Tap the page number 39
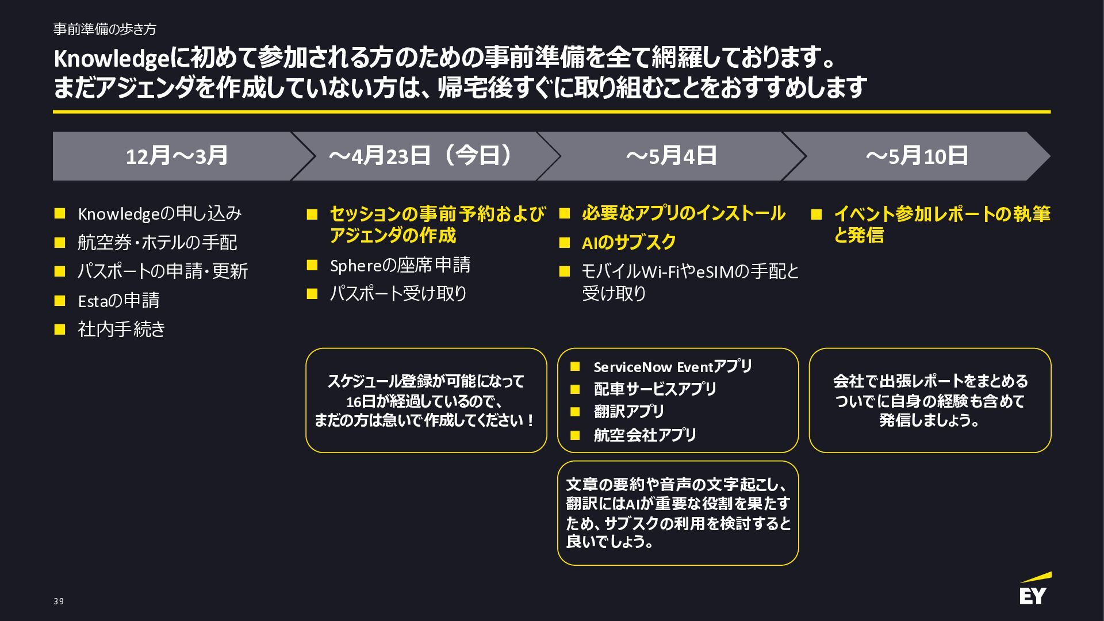coord(59,601)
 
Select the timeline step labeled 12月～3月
coord(177,156)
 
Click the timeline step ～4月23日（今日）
coord(420,156)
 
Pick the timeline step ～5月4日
coord(671,156)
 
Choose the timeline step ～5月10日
coord(917,156)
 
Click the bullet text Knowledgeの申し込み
coord(159,214)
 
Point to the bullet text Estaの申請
coord(118,300)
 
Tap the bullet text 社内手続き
coord(121,329)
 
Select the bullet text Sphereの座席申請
coord(400,265)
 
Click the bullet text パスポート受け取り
coord(398,294)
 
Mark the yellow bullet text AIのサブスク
coord(628,243)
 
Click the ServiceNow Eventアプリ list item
coord(672,367)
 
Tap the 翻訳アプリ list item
coord(628,412)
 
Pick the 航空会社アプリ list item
coord(645,435)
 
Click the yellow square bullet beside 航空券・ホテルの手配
coord(60,243)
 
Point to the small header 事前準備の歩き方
coord(104,29)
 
